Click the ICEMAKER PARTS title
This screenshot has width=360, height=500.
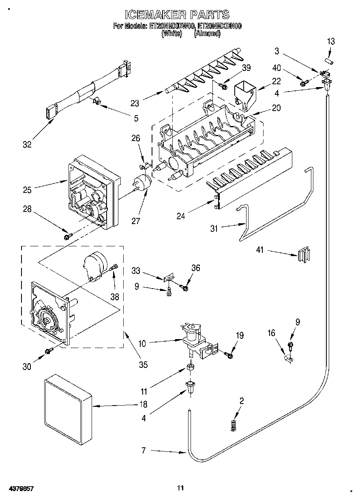[177, 15]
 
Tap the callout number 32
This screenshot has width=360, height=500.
[27, 144]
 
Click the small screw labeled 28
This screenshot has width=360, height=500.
[68, 235]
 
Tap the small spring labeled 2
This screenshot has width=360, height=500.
[233, 426]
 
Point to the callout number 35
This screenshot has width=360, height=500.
[143, 364]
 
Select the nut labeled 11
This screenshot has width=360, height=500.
[189, 368]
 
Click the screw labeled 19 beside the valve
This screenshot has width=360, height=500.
[229, 355]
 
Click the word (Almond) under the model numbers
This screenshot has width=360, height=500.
[207, 34]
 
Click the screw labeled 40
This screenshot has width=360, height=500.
[303, 83]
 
